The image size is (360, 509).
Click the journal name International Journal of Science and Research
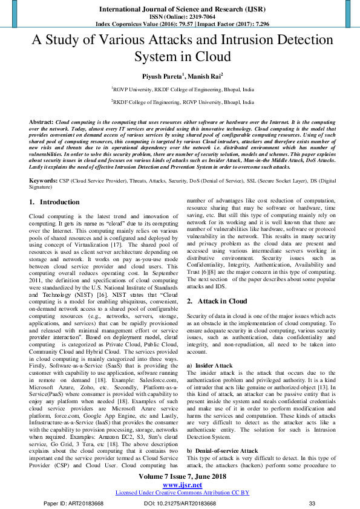179,10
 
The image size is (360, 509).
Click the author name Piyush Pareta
159,76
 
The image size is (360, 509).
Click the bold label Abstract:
41,122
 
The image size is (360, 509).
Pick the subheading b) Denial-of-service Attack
223,451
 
